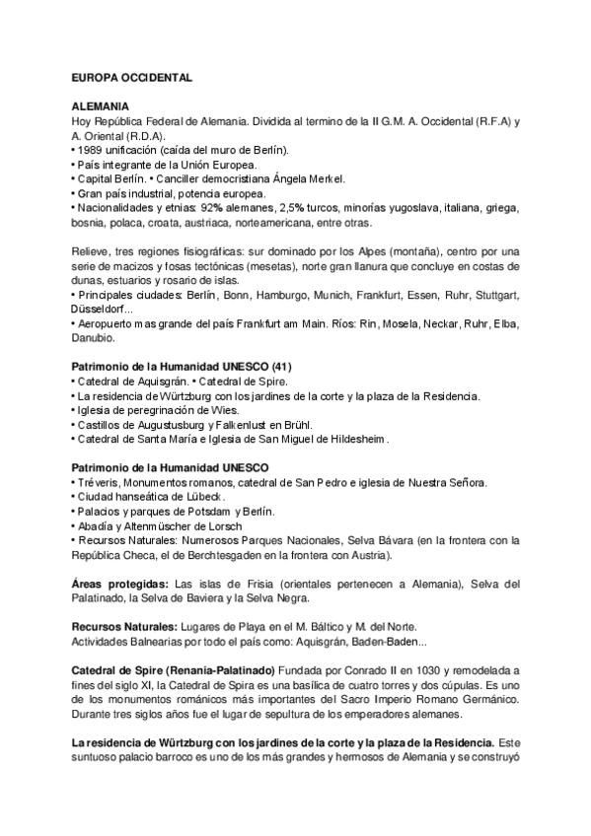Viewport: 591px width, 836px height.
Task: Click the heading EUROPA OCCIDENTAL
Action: coord(132,77)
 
